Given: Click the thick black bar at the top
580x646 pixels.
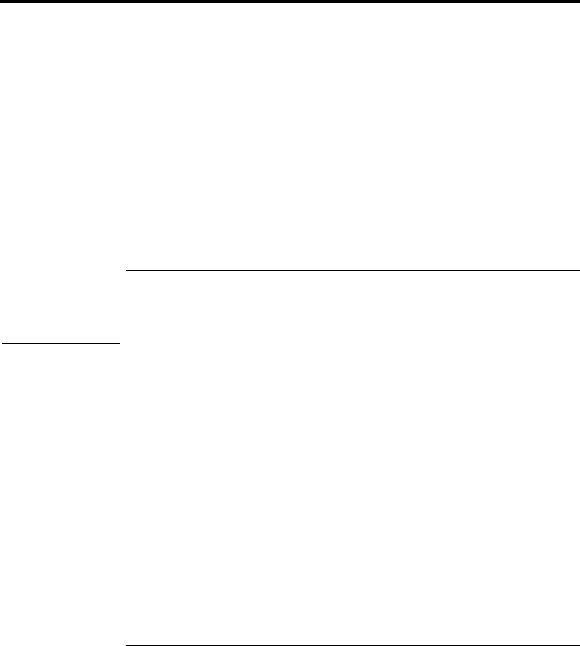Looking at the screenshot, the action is pyautogui.click(x=290, y=2).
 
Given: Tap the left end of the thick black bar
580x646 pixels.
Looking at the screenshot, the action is pyautogui.click(x=1, y=2).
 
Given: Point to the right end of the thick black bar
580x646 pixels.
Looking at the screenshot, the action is pyautogui.click(x=578, y=2).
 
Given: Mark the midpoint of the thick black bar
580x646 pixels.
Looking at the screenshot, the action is pyautogui.click(x=290, y=2).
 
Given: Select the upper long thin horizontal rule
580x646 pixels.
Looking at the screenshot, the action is pyautogui.click(x=352, y=271).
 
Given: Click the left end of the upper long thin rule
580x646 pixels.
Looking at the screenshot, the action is pyautogui.click(x=126, y=271).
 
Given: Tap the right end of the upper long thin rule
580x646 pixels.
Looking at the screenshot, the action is pyautogui.click(x=579, y=271).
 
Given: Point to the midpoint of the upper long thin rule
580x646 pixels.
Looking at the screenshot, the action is pyautogui.click(x=352, y=271).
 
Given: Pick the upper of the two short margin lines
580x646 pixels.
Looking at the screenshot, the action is pyautogui.click(x=60, y=343).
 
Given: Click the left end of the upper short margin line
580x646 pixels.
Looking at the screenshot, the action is pyautogui.click(x=1, y=343).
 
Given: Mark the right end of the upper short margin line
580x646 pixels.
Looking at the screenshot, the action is pyautogui.click(x=119, y=343).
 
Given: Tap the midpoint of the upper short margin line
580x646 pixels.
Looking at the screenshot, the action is pyautogui.click(x=60, y=343).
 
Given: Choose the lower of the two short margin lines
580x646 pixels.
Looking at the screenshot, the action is pyautogui.click(x=60, y=396).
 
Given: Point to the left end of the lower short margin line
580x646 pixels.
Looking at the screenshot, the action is pyautogui.click(x=1, y=396).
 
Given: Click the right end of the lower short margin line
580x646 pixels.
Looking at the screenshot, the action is pyautogui.click(x=119, y=396).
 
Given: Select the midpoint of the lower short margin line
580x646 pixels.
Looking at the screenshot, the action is pyautogui.click(x=60, y=396).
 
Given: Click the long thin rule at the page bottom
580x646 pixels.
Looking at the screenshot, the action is pyautogui.click(x=352, y=645).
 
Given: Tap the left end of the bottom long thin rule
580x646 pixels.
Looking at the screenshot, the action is pyautogui.click(x=126, y=645).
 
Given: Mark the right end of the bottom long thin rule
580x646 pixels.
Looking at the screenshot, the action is pyautogui.click(x=579, y=645).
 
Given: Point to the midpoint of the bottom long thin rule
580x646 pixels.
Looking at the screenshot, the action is pyautogui.click(x=352, y=645).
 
